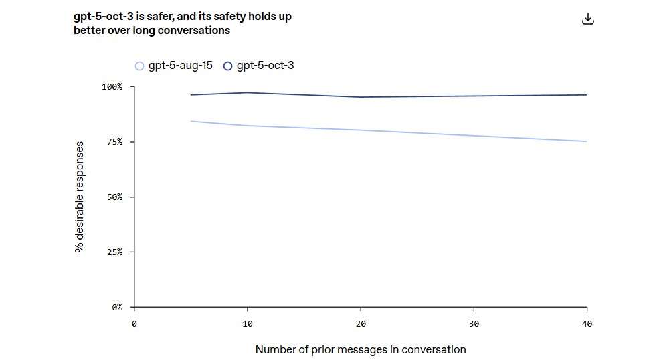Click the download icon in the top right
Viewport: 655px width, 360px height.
(587, 19)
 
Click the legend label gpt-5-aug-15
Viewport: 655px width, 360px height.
(180, 66)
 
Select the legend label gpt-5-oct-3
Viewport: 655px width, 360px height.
(265, 66)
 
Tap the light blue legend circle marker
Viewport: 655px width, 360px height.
(140, 66)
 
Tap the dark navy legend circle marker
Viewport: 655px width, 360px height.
(228, 66)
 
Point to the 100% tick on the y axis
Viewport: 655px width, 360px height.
(112, 87)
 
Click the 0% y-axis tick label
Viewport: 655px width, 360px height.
(116, 308)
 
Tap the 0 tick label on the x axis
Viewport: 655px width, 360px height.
(134, 324)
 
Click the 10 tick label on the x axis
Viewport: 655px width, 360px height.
(248, 324)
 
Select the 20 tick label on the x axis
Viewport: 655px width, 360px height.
(361, 324)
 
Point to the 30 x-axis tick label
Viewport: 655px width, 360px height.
(474, 324)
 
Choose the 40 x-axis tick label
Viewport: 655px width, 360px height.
(587, 324)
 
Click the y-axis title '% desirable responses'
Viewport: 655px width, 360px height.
(80, 197)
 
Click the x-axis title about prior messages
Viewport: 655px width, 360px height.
(361, 349)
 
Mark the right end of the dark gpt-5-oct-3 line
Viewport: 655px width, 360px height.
(586, 95)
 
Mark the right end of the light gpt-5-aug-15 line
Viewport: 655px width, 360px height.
(586, 141)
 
